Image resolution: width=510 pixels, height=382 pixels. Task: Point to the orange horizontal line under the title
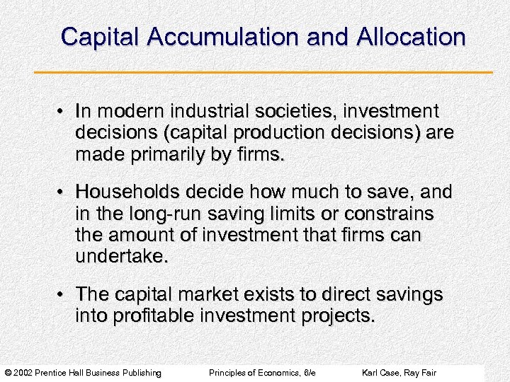(263, 72)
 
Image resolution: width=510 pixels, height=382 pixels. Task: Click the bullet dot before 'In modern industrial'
(63, 112)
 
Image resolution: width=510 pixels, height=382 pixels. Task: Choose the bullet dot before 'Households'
(63, 192)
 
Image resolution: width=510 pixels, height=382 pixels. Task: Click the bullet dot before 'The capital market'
(63, 293)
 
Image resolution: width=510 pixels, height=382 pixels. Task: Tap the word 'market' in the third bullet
(217, 293)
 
